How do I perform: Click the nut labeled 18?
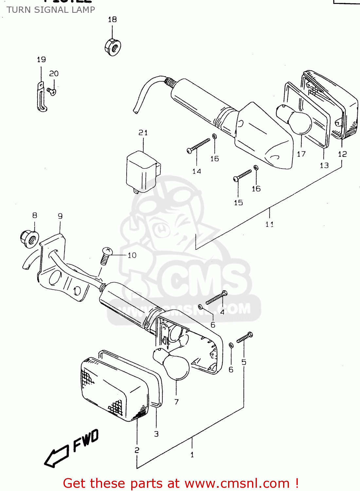113,47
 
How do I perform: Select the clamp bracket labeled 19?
41,98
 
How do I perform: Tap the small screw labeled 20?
51,91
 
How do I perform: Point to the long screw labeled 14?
198,145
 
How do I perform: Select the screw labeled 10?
106,256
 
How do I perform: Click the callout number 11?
269,224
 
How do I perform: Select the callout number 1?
192,455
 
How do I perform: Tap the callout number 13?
324,165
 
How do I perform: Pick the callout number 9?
60,216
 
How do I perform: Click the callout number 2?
137,450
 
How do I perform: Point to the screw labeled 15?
243,175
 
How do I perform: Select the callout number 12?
342,154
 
